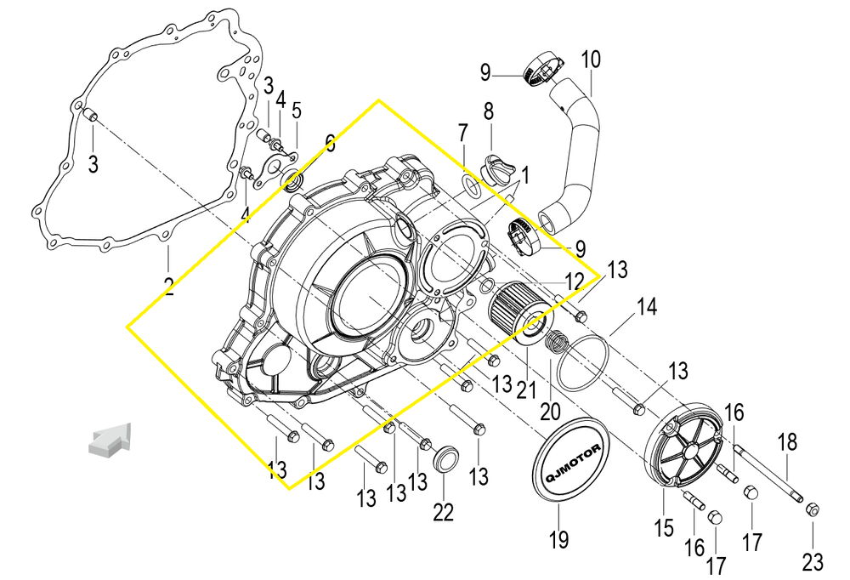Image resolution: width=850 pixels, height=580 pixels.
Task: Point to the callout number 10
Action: point(590,60)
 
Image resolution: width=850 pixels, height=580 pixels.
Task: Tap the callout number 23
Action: point(812,561)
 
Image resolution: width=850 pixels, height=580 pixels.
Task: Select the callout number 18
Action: point(788,442)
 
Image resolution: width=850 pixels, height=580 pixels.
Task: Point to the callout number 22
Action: point(443,512)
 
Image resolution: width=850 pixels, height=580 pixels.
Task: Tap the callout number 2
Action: point(169,286)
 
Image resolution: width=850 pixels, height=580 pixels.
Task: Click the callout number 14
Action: point(648,307)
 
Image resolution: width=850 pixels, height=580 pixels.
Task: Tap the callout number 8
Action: point(489,111)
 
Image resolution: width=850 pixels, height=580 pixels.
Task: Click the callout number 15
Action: point(664,528)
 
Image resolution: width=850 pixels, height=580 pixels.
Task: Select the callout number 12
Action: point(575,280)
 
